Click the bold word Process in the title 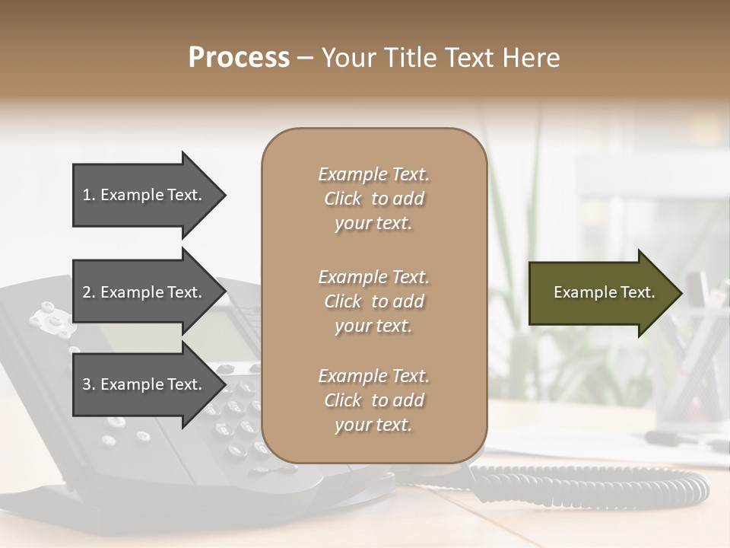239,58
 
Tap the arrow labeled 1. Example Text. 144,195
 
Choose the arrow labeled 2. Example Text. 144,292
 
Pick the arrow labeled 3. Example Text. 144,385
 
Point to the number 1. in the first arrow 89,195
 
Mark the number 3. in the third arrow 89,385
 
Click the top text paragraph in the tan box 373,199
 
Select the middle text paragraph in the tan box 373,301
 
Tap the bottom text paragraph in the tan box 373,400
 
